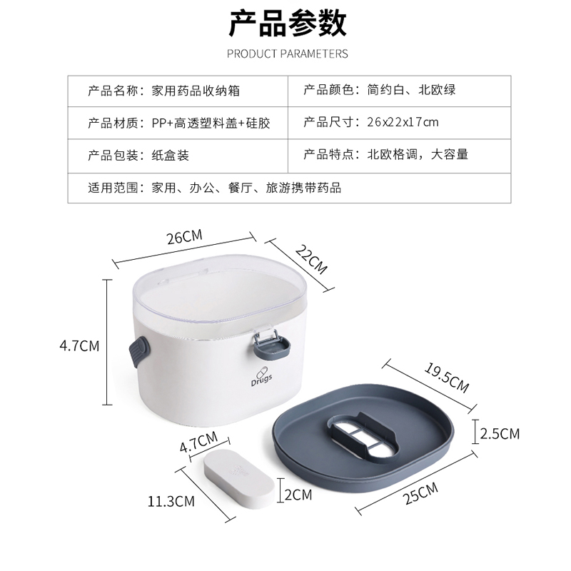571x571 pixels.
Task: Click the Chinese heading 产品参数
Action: tap(288, 24)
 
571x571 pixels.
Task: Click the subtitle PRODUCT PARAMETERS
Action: tap(288, 54)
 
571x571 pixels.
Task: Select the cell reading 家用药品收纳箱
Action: tap(196, 91)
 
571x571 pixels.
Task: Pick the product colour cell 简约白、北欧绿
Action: tap(412, 90)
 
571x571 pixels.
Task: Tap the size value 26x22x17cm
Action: tap(403, 122)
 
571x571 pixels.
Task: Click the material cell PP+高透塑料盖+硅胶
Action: tap(211, 123)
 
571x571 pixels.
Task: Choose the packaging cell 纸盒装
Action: tap(170, 156)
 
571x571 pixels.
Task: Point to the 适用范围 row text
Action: tap(215, 188)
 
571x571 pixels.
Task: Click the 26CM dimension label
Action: tap(184, 237)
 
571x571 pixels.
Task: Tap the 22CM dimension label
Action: tap(311, 259)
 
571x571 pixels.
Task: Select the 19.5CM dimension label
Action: tap(447, 378)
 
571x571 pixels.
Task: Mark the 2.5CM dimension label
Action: tap(500, 434)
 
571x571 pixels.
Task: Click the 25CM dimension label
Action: tap(420, 493)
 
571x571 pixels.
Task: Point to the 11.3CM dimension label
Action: tap(171, 502)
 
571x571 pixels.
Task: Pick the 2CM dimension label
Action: tap(298, 495)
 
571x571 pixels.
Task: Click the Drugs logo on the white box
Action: tap(261, 377)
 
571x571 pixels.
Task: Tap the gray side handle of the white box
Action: tap(139, 352)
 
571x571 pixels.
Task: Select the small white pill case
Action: tap(238, 478)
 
